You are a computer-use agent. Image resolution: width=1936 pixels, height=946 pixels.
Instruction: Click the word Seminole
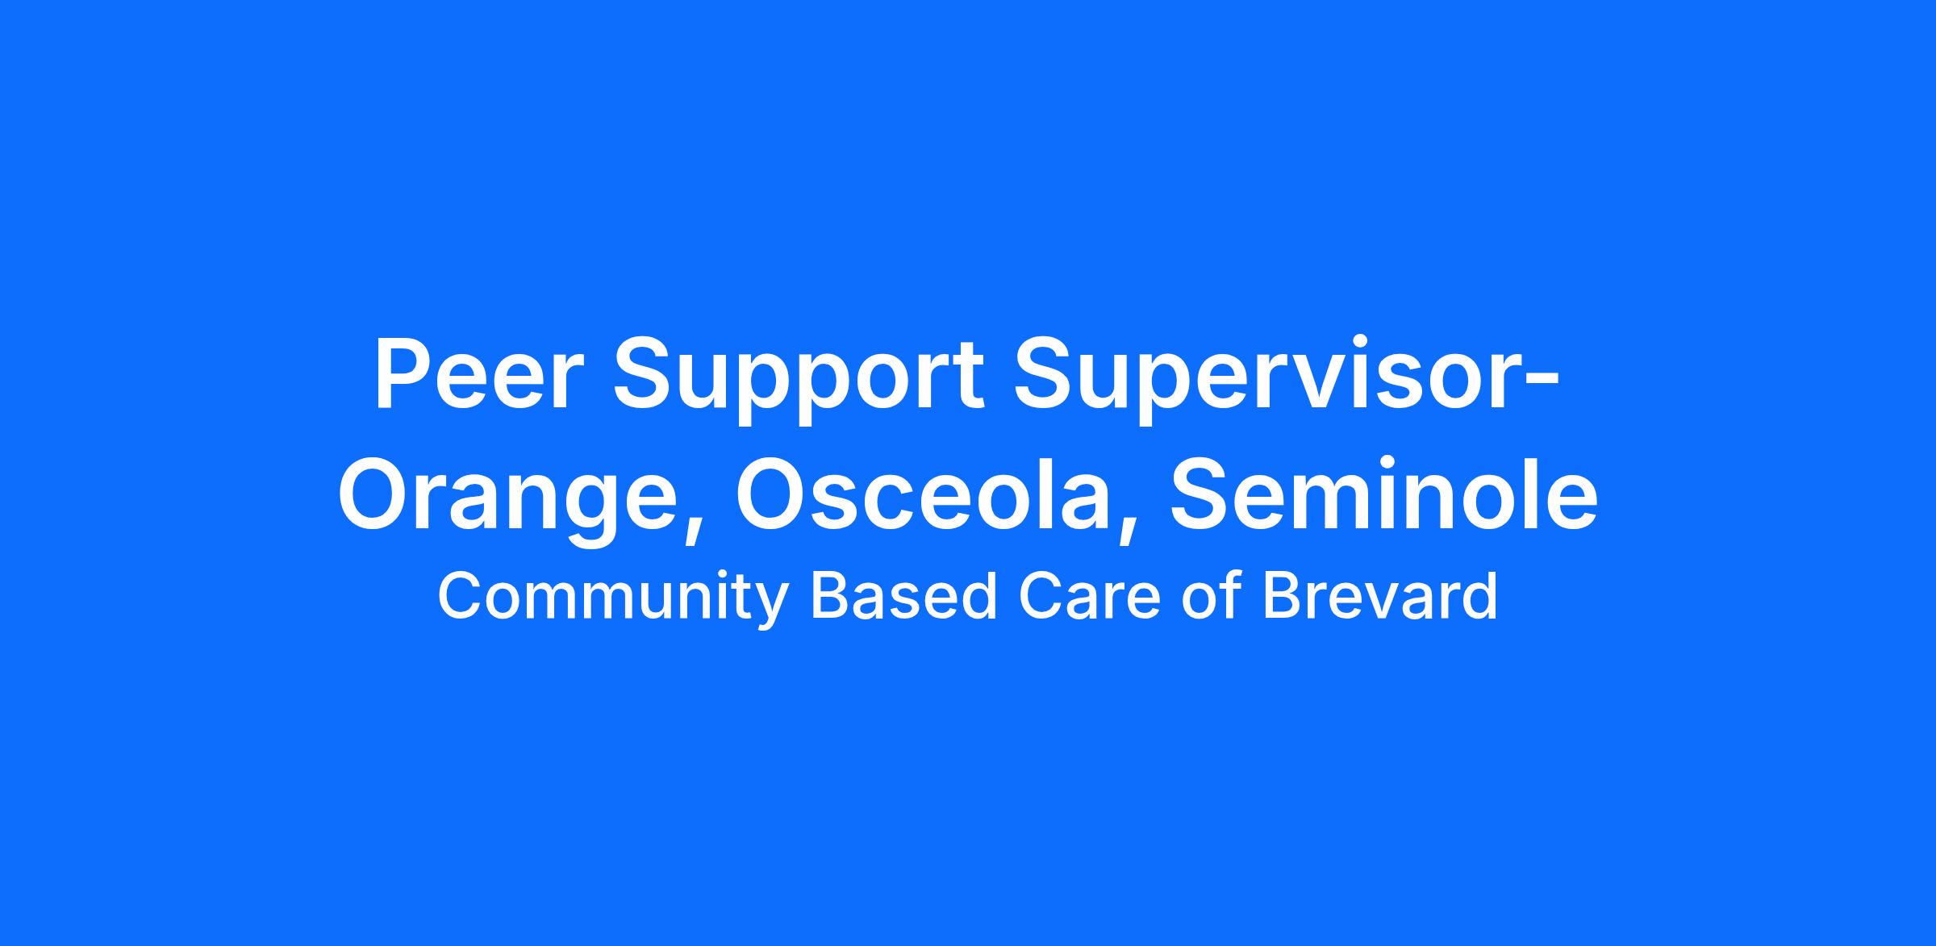[x=1384, y=494]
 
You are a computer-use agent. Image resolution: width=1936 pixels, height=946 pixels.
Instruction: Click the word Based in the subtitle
[x=903, y=597]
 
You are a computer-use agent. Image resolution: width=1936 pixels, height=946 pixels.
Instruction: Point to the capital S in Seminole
[x=1201, y=494]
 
